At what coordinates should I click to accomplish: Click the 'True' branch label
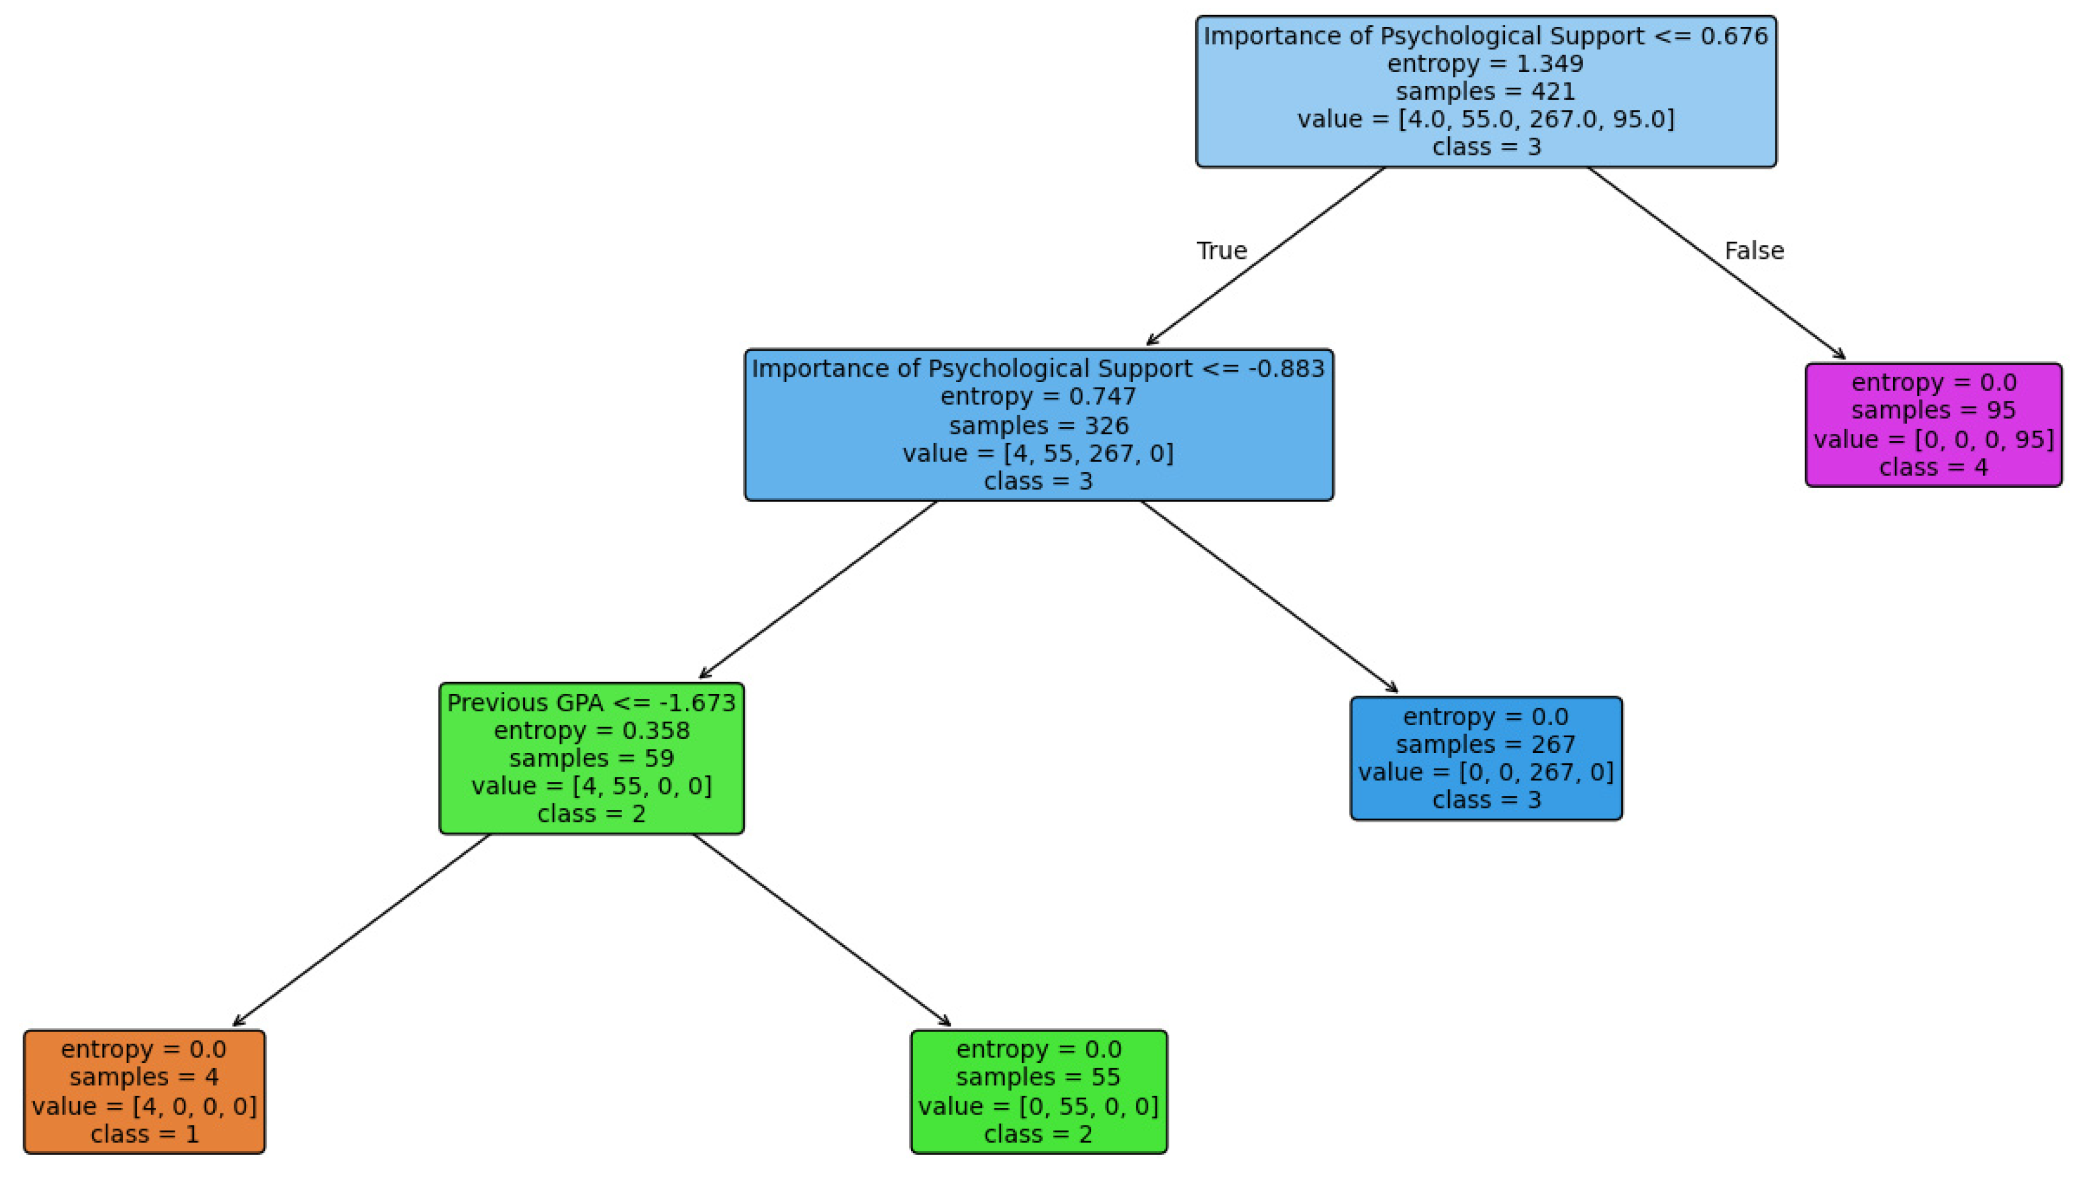coord(1221,251)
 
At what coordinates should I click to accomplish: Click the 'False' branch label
coord(1753,251)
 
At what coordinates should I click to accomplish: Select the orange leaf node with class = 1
coord(144,1091)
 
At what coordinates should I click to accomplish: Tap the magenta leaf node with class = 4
coord(1933,425)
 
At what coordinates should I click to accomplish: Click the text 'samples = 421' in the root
coord(1485,91)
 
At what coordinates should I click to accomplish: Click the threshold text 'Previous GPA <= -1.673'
coord(592,702)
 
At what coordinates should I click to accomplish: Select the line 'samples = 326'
coord(1038,425)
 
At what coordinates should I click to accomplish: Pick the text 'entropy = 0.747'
coord(1038,397)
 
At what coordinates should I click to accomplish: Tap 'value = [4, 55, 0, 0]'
coord(592,785)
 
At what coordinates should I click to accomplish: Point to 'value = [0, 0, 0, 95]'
coord(1933,439)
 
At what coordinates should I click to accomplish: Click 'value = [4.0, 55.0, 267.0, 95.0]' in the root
coord(1485,119)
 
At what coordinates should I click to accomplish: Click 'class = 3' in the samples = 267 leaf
coord(1485,799)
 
